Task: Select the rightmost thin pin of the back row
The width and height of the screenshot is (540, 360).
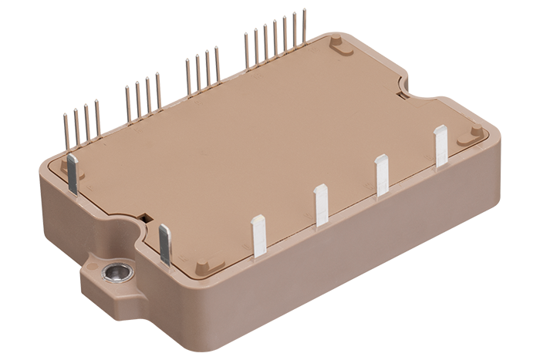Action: (304, 27)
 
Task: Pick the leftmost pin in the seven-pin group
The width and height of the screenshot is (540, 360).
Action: (247, 51)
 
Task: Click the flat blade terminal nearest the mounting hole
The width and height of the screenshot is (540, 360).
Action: (164, 244)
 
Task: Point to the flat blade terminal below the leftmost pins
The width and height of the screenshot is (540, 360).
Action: (73, 173)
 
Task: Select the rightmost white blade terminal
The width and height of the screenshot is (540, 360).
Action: (440, 146)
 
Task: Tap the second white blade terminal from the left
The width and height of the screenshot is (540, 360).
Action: (321, 206)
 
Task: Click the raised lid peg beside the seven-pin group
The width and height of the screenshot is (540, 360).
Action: (337, 45)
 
